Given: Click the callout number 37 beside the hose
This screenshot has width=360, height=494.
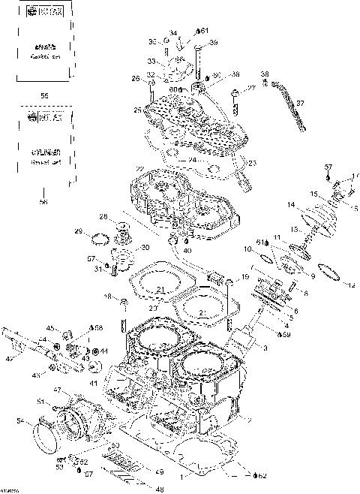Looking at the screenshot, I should (x=300, y=102).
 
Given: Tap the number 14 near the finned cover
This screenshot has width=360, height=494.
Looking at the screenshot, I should (x=289, y=204).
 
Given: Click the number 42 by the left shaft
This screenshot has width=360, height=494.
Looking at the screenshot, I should (x=10, y=360).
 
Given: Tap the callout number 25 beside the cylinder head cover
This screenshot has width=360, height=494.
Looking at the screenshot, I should (x=138, y=110).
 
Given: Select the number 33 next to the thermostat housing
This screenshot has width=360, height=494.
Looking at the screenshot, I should (x=151, y=61).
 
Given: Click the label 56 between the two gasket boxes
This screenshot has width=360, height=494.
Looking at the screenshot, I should (x=43, y=96).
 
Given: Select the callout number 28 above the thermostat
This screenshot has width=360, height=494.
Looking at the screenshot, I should (x=104, y=218).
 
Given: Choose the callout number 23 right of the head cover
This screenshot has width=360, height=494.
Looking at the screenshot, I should (x=251, y=163).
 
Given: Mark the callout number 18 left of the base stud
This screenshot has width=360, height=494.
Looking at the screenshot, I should (x=106, y=298).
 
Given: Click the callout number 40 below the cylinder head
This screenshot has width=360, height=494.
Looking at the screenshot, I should (x=187, y=250).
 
